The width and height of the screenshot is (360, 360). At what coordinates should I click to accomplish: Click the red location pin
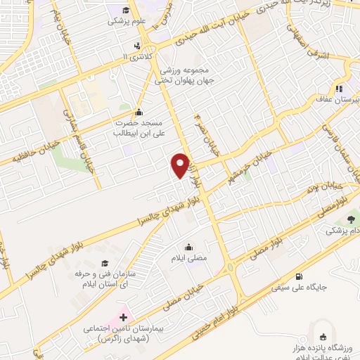pos(181,165)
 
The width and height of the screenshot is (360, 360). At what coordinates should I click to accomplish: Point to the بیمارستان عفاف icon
pos(338,89)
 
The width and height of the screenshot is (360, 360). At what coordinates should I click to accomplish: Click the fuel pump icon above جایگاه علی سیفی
pos(301,276)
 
